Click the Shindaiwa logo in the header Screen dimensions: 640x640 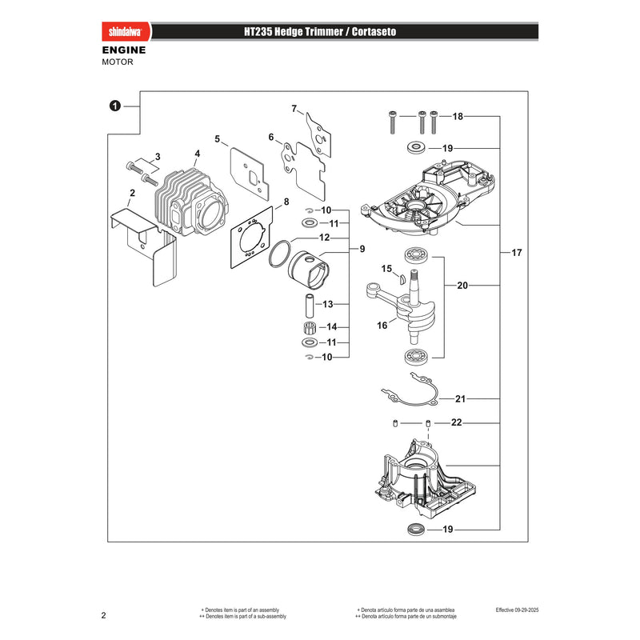click(126, 32)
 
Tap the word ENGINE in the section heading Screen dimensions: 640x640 click(124, 50)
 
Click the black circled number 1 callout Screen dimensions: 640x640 click(115, 106)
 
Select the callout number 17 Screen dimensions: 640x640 click(517, 253)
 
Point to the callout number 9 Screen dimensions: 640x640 click(362, 249)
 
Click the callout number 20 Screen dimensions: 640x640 click(462, 286)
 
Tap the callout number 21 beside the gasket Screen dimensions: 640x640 click(460, 398)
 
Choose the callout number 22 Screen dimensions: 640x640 click(456, 422)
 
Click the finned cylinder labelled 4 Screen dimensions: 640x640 click(191, 203)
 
